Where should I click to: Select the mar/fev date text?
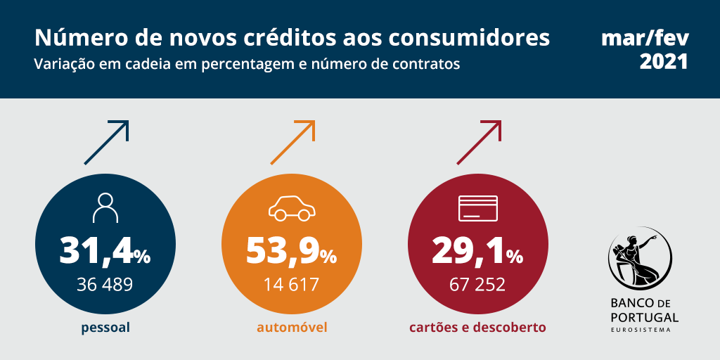(645, 39)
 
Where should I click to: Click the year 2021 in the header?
(664, 62)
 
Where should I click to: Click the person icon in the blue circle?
(105, 208)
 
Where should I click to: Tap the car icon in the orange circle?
(292, 208)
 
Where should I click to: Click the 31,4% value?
(105, 250)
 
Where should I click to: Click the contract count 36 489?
(105, 285)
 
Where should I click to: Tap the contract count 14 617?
(291, 285)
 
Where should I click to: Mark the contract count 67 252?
(477, 285)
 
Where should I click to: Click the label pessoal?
(105, 328)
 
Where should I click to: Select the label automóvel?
(292, 328)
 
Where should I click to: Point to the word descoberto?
(510, 328)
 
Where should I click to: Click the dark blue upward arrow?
(107, 143)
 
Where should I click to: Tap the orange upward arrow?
(292, 143)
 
